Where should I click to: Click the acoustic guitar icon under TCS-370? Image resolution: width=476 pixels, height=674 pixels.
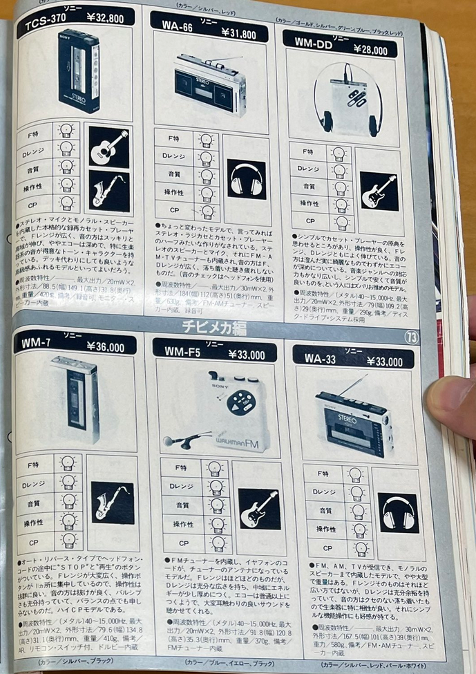(108, 147)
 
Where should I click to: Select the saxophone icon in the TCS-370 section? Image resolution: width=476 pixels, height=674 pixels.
(108, 191)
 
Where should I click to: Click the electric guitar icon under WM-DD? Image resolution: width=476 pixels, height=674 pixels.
(378, 191)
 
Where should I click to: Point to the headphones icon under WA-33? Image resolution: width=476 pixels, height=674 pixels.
(398, 512)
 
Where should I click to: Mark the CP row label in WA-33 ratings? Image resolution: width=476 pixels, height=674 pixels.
(323, 548)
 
